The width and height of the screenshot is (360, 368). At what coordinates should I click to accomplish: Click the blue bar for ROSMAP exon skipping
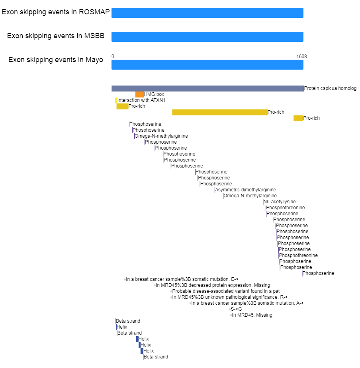207,13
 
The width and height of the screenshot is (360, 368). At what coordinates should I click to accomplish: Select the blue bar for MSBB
207,37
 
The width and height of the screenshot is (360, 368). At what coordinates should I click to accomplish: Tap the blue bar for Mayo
207,65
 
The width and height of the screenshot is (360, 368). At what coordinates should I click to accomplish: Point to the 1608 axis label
301,56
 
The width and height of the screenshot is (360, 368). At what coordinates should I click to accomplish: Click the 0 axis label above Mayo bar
113,56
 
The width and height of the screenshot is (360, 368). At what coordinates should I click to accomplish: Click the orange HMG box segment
139,94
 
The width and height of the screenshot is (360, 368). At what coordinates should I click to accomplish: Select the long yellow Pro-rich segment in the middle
220,113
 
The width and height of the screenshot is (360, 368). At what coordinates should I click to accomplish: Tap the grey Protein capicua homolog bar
207,88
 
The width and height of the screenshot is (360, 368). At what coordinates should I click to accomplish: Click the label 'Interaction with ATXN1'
141,100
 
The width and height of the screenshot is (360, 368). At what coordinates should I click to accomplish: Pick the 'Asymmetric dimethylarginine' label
246,190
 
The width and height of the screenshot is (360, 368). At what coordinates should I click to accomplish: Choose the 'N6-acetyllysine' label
280,202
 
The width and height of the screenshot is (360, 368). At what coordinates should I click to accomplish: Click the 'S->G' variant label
237,309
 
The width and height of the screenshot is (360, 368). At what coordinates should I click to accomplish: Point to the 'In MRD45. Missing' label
252,315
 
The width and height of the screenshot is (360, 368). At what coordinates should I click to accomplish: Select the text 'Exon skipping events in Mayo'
56,60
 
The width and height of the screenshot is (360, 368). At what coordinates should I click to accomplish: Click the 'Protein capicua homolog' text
330,88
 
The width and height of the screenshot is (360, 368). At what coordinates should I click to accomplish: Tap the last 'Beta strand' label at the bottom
156,357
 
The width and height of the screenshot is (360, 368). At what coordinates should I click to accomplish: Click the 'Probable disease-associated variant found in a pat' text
226,291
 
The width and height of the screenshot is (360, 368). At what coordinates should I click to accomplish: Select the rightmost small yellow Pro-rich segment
298,118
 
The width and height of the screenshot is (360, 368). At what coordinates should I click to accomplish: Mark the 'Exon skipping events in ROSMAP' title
56,12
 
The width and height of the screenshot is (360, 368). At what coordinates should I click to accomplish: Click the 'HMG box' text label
154,94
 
